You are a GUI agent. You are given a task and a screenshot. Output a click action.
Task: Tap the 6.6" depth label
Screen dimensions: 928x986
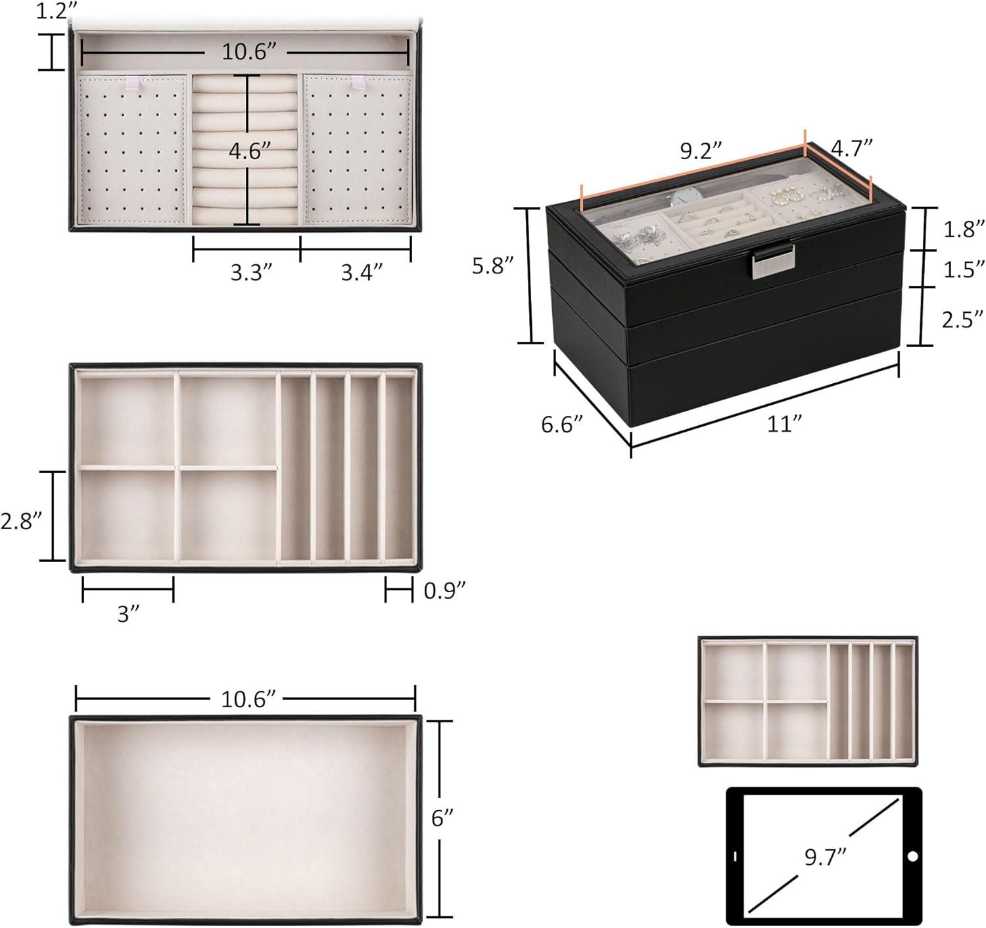[x=563, y=425]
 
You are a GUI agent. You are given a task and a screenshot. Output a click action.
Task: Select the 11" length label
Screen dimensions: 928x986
[x=782, y=424]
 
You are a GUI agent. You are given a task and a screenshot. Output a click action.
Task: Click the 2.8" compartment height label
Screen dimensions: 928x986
[x=22, y=520]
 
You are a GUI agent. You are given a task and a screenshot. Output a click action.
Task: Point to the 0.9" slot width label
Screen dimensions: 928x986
[x=444, y=590]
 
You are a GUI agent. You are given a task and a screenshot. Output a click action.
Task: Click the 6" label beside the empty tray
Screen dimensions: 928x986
[x=443, y=818]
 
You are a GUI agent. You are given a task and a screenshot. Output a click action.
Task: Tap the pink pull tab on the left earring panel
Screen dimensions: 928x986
[x=133, y=83]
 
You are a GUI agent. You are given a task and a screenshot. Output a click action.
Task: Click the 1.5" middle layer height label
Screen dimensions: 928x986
[x=964, y=269]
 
